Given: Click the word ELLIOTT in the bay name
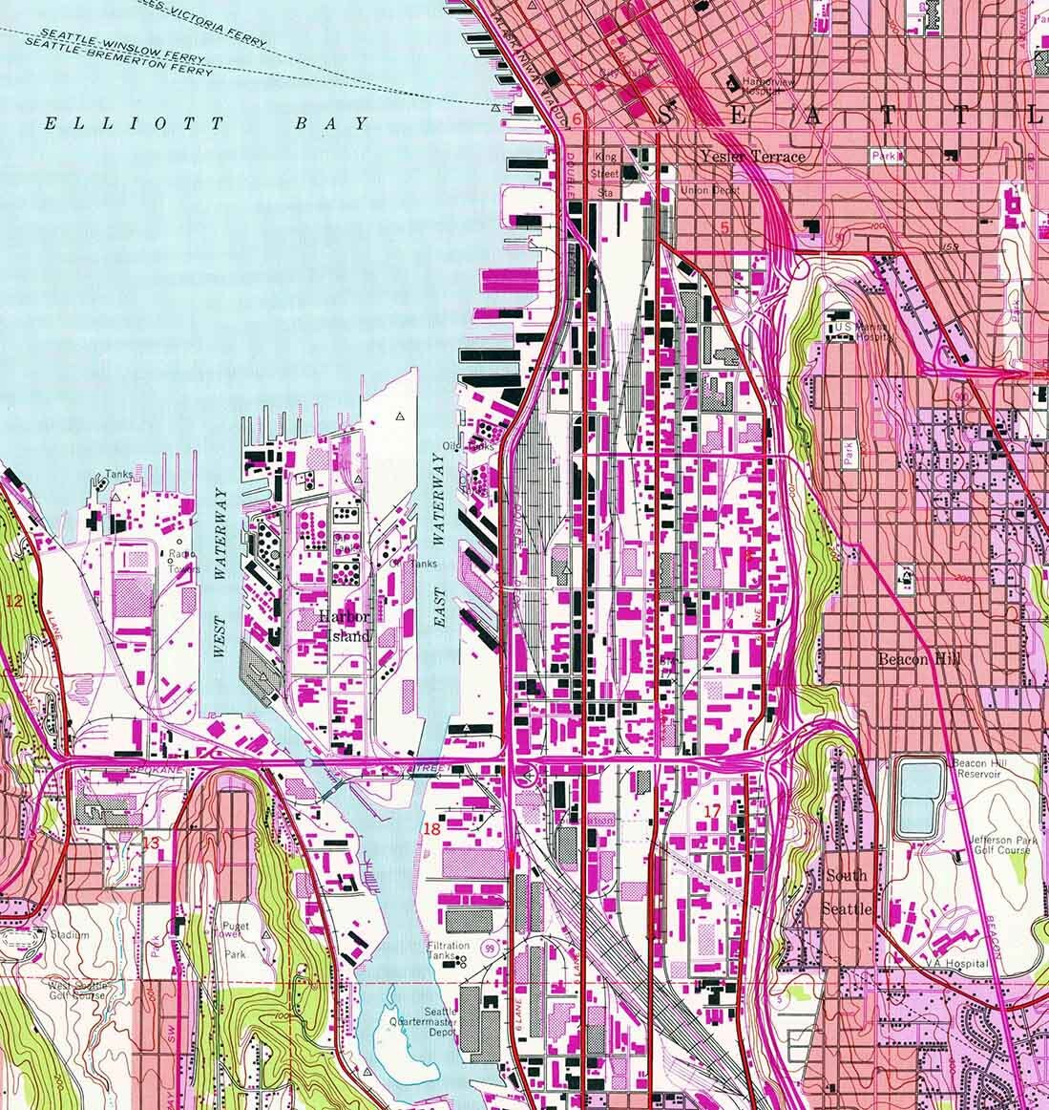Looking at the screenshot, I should point(134,123).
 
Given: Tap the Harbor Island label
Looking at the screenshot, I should point(345,626).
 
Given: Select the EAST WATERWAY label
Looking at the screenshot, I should point(440,541).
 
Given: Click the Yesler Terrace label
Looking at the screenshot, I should point(752,157).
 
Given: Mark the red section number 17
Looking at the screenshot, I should point(711,812).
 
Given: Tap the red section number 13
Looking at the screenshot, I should point(154,843).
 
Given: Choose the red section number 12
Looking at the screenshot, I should point(13,601).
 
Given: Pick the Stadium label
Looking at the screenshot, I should point(71,935).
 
